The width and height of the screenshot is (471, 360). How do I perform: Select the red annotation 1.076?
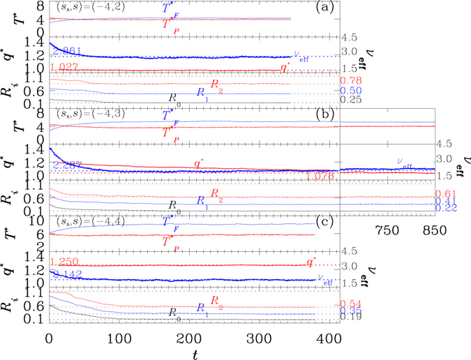point(321,177)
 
